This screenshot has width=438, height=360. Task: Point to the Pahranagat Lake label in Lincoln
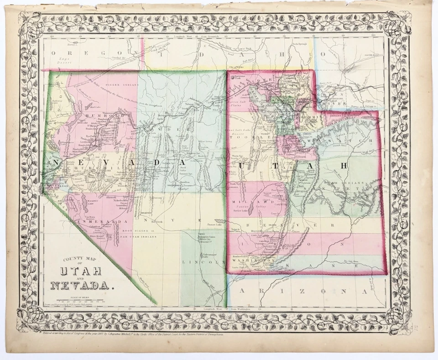point(203,247)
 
